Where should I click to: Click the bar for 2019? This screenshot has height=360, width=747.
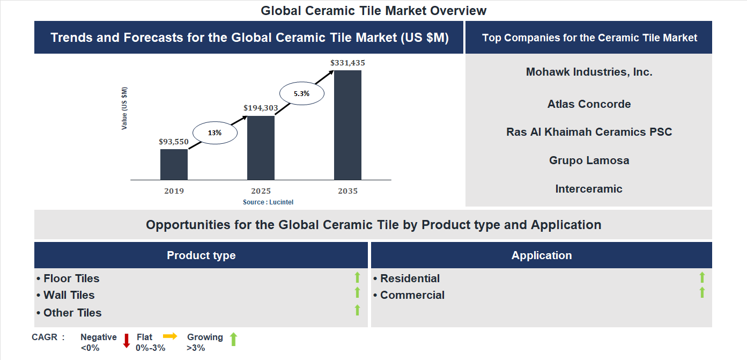click(x=174, y=164)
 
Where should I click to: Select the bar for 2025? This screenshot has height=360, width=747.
click(x=261, y=148)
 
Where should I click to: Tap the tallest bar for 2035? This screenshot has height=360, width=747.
click(x=347, y=125)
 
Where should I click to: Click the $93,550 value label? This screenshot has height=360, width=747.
click(x=174, y=142)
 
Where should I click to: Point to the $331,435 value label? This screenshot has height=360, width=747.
click(x=347, y=63)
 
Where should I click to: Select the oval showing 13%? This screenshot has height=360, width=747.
click(x=215, y=133)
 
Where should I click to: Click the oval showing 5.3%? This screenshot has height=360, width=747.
click(x=301, y=93)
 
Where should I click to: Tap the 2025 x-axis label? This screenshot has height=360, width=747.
click(x=261, y=191)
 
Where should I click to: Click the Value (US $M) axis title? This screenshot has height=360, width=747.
click(x=124, y=108)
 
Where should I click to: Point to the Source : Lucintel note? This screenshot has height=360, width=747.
click(x=268, y=202)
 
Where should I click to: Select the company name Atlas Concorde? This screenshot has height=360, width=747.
click(x=589, y=104)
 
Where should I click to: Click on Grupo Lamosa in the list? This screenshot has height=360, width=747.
click(x=589, y=160)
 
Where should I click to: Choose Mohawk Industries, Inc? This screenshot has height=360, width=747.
click(x=589, y=72)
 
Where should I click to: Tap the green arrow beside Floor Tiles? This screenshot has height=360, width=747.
click(x=357, y=277)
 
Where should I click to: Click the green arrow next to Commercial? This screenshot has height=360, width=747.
click(x=702, y=293)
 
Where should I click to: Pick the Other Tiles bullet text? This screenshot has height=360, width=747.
click(x=72, y=313)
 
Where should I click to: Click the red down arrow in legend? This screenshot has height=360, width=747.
click(x=127, y=341)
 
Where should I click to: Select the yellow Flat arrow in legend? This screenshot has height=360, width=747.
click(x=170, y=336)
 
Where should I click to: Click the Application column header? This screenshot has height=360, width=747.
click(x=541, y=255)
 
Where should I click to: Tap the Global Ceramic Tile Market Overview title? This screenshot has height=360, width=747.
click(x=373, y=11)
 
